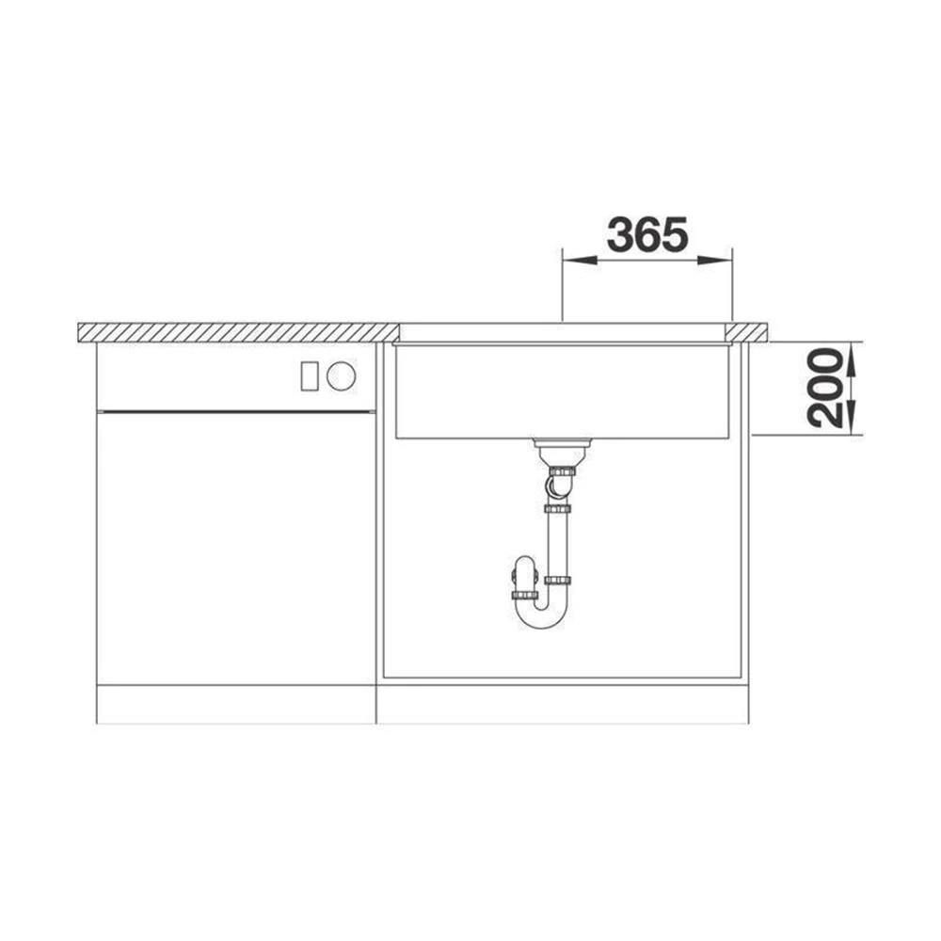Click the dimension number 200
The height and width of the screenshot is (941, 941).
click(x=824, y=389)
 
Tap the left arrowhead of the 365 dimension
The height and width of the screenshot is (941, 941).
click(x=579, y=260)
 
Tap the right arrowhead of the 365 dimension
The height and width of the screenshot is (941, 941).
click(x=715, y=260)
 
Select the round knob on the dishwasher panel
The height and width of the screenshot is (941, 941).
click(x=341, y=376)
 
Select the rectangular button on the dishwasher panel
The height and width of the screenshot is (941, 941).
click(x=309, y=376)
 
